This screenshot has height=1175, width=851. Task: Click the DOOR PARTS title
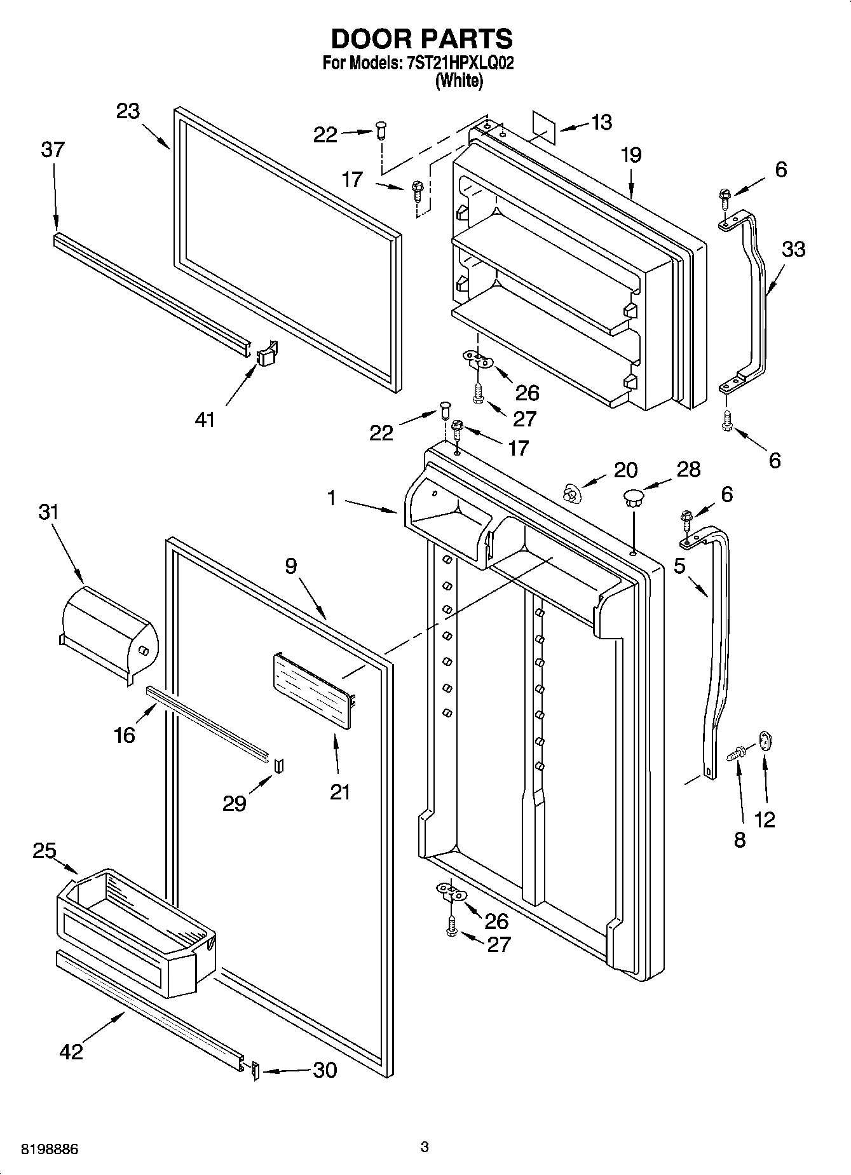pos(421,39)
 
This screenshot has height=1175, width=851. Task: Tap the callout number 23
pos(128,111)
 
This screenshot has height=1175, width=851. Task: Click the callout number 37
pos(53,150)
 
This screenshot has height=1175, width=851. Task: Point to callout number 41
pos(205,419)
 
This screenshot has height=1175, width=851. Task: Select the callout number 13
pos(601,122)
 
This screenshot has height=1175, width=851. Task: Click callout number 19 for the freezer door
pos(631,155)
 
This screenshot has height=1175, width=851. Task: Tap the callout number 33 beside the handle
pos(793,249)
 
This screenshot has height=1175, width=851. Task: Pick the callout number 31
pos(49,512)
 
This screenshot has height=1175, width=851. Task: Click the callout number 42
pos(71,1051)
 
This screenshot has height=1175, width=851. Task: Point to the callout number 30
pos(325,1070)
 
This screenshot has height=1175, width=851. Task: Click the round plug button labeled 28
pos(632,496)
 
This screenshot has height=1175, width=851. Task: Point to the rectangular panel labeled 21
pos(313,693)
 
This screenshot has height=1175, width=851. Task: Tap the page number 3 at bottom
pos(425,1146)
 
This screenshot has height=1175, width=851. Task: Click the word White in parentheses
pos(459,81)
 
